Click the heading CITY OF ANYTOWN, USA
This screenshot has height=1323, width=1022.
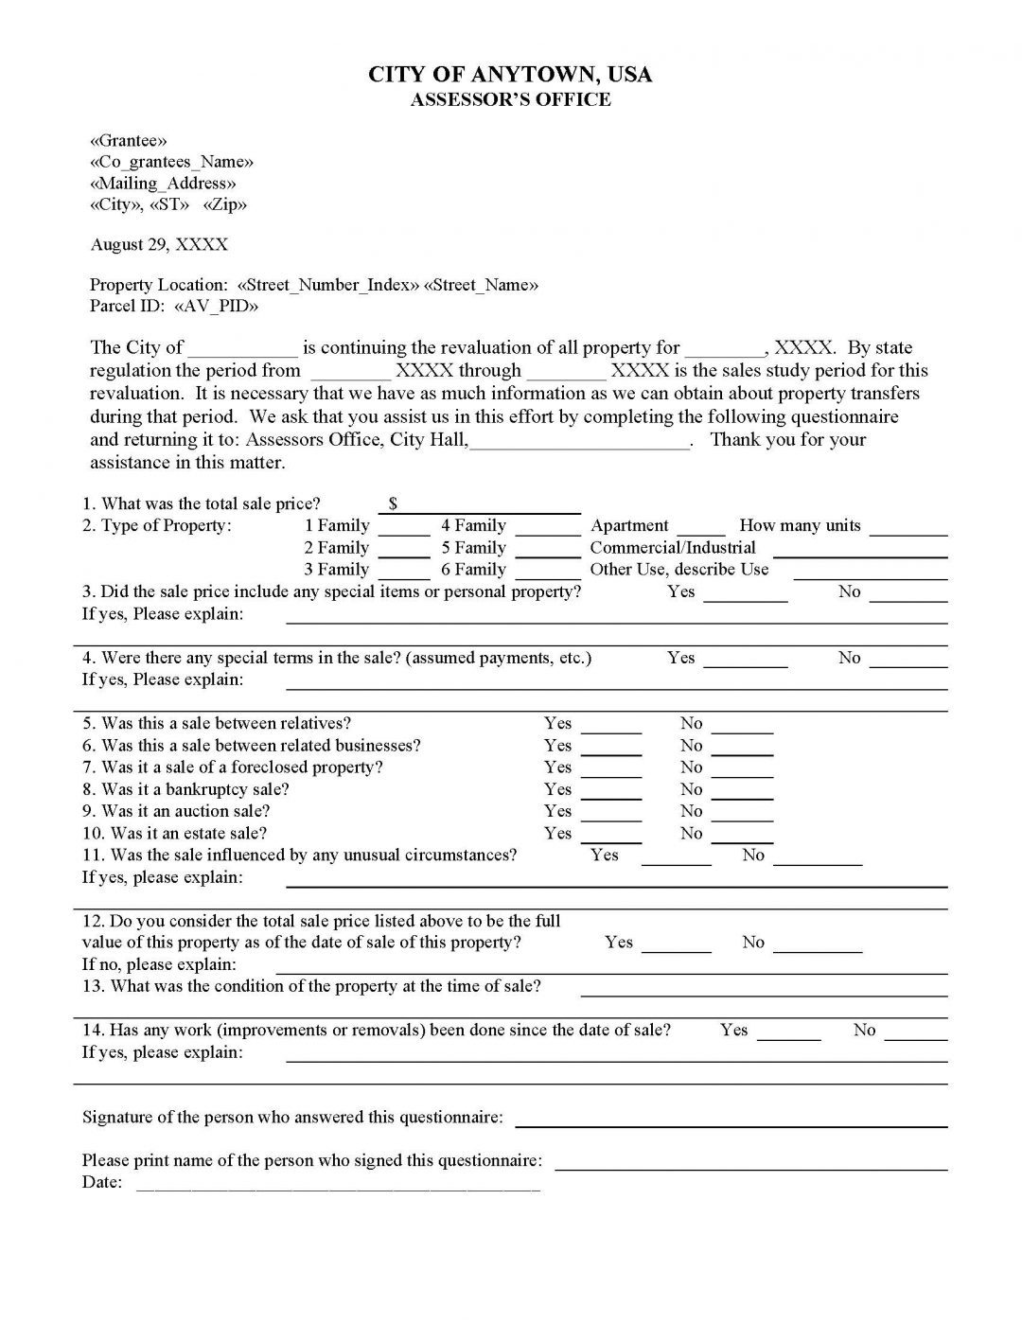(x=510, y=75)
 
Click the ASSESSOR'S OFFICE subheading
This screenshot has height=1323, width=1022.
(x=510, y=99)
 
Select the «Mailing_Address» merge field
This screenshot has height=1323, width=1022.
(x=163, y=183)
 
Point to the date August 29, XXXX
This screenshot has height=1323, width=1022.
(x=159, y=244)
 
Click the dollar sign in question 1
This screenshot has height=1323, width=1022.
(x=393, y=503)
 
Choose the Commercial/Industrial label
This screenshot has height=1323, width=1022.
(x=673, y=547)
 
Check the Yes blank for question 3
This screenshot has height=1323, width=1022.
(x=745, y=594)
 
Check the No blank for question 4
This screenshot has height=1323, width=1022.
(x=907, y=661)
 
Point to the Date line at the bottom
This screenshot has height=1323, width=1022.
(x=339, y=1184)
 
